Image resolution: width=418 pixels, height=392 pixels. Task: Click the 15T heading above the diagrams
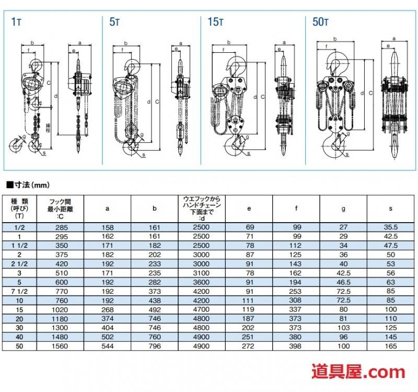215,22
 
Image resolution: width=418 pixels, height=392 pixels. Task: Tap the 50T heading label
320,22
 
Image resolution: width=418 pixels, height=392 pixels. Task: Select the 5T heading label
114,22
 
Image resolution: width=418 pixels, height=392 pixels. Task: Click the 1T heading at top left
16,22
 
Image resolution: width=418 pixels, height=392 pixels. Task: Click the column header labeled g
343,209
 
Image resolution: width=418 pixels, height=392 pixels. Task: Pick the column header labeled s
390,209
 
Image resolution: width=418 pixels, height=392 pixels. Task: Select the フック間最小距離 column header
60,209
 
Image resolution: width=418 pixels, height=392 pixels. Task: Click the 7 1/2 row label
19,292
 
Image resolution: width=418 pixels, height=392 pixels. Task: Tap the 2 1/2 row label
19,264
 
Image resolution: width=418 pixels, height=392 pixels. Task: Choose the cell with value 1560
60,346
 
